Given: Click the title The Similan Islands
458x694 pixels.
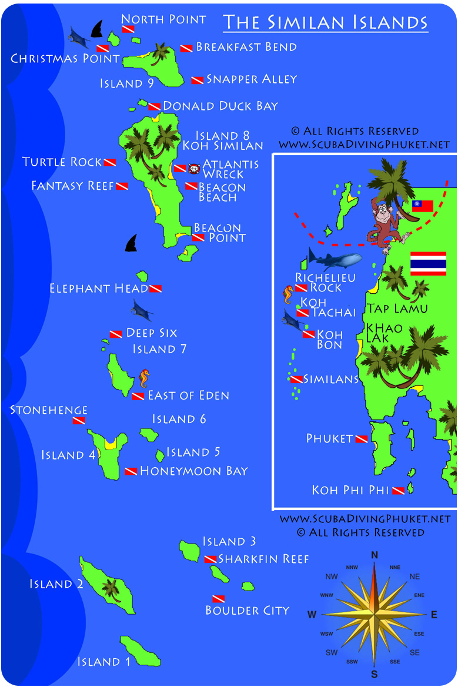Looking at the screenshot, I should pyautogui.click(x=325, y=22).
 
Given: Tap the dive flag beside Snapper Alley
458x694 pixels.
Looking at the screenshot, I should pyautogui.click(x=198, y=80).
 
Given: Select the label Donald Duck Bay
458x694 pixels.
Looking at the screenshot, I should pyautogui.click(x=220, y=106).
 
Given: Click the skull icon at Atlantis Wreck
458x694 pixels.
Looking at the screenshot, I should pyautogui.click(x=193, y=169).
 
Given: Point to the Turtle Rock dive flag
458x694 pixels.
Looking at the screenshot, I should pyautogui.click(x=109, y=162).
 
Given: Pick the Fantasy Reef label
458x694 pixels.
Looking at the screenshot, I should pyautogui.click(x=72, y=186).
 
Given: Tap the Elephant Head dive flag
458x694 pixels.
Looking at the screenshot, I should pyautogui.click(x=155, y=289).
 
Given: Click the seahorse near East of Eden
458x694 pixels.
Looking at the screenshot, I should pyautogui.click(x=143, y=379).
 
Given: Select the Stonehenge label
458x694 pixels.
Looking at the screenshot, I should pyautogui.click(x=49, y=410).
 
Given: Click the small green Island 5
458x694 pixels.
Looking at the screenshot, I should pyautogui.click(x=160, y=455).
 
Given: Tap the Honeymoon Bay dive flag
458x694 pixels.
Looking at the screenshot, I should pyautogui.click(x=131, y=471).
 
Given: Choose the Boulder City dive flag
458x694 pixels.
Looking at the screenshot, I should pyautogui.click(x=218, y=599).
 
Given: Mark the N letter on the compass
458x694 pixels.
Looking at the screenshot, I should pyautogui.click(x=374, y=555).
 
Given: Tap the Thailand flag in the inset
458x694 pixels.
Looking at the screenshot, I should pyautogui.click(x=428, y=263).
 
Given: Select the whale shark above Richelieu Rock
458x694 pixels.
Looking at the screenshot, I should pyautogui.click(x=335, y=260).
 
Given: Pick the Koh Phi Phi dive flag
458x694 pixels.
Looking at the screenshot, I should pyautogui.click(x=398, y=490).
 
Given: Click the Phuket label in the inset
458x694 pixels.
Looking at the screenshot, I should pyautogui.click(x=330, y=438).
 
